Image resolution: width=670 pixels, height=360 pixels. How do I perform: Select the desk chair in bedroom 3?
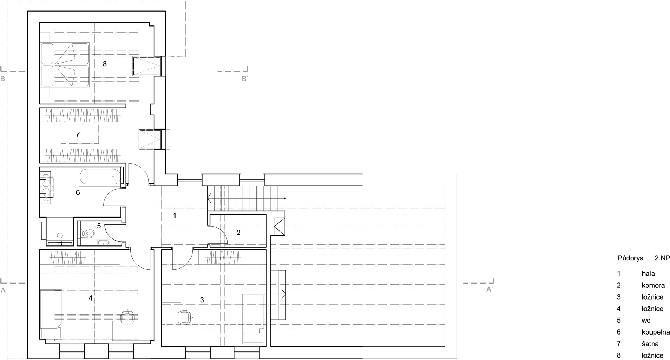click(184, 317)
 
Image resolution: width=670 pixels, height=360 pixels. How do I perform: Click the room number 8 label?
click(105, 64)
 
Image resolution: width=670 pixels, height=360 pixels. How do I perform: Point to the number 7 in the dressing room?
click(78, 134)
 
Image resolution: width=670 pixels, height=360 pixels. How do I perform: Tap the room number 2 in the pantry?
click(238, 232)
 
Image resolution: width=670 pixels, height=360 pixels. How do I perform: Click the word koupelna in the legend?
click(655, 332)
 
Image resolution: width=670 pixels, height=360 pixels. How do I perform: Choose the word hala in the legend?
click(648, 274)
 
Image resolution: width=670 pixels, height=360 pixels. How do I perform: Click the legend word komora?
click(653, 285)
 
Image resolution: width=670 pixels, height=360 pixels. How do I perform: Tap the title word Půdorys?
click(630, 259)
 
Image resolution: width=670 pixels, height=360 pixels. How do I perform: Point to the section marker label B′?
click(245, 79)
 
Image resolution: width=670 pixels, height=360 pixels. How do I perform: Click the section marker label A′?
click(489, 289)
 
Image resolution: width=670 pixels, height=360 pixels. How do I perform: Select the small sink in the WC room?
click(103, 243)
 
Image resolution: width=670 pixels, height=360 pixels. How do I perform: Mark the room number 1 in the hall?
click(174, 215)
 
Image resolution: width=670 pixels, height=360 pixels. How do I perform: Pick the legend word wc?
click(646, 321)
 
